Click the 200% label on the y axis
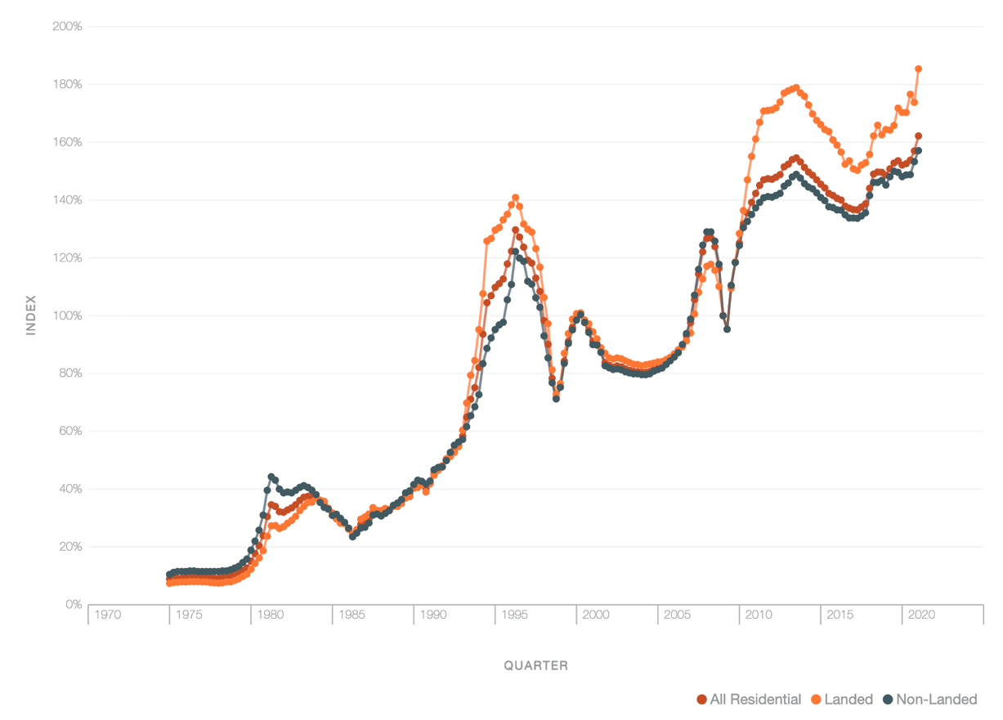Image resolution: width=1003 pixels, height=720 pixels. (x=66, y=26)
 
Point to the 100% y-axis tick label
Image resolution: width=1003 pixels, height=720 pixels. (x=66, y=315)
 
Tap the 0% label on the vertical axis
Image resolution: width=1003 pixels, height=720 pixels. (x=73, y=605)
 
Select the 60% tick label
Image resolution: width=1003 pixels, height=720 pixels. (x=69, y=432)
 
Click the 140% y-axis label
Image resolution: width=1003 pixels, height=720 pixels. (x=66, y=200)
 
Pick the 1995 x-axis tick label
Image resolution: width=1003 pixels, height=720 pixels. (x=515, y=615)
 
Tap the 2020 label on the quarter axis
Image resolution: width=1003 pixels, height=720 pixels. (x=922, y=615)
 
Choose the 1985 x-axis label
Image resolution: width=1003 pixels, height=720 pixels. (x=351, y=615)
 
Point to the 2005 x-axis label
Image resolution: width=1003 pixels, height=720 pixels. (x=678, y=615)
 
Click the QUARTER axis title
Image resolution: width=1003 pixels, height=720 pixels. (x=535, y=665)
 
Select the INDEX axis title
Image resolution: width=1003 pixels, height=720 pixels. (x=32, y=315)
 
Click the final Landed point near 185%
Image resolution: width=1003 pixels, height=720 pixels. (x=918, y=69)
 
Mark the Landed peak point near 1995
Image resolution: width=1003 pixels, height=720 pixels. (x=515, y=198)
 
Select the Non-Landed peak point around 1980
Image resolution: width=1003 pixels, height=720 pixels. (x=271, y=476)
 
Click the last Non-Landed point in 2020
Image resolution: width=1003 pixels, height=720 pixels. (x=918, y=150)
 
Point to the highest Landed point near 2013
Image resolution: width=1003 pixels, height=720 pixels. (x=795, y=87)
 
